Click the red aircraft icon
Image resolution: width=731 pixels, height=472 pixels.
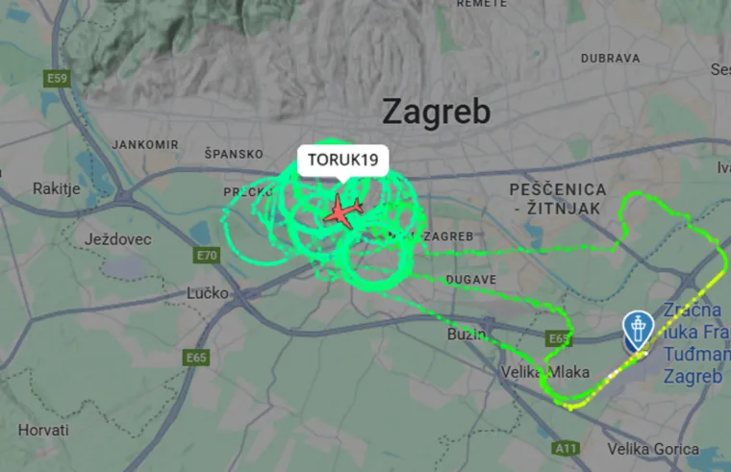pos(342,211)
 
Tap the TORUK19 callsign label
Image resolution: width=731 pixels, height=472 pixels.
pos(342,160)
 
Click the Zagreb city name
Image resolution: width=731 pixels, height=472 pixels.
pos(437,112)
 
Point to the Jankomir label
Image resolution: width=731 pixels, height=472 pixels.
pos(145,144)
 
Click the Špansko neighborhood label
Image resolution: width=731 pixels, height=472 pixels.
pos(234,154)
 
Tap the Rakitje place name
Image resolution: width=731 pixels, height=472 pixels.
pos(56,187)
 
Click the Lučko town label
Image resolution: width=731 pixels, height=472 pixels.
pos(207,292)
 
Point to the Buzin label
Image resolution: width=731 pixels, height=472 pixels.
pos(467,334)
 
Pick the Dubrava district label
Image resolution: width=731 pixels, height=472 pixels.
pos(611,58)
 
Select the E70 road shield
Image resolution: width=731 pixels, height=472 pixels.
pos(206,255)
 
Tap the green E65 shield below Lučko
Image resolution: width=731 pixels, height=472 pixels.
pos(196,358)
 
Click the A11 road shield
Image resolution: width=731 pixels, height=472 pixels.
pos(567,448)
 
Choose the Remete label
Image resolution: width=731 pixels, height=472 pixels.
pos(481,4)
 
